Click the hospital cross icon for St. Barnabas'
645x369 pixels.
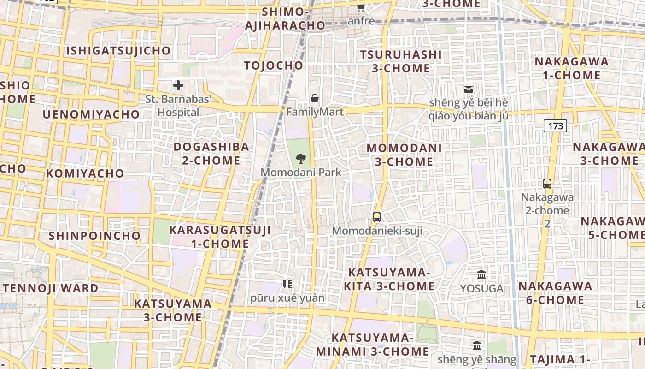tap(178, 85)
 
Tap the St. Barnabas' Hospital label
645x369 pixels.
tap(178, 106)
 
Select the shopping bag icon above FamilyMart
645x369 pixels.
tap(315, 98)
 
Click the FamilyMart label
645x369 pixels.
tap(315, 112)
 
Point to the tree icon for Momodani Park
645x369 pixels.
tap(301, 159)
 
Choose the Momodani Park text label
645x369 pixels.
tap(301, 173)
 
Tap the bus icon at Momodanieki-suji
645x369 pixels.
tap(377, 217)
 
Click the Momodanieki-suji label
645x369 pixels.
tap(377, 231)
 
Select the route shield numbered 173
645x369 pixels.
tap(555, 125)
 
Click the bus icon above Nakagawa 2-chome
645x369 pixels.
tap(547, 183)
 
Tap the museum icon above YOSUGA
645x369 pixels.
tap(481, 275)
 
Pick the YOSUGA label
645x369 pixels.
tap(481, 289)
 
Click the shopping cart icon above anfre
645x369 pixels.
tap(361, 7)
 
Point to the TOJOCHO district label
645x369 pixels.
tap(274, 65)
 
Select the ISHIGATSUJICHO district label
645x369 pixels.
tap(118, 50)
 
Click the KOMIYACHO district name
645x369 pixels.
tap(85, 173)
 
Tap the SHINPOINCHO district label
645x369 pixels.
tap(94, 236)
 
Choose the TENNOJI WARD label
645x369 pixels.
tap(51, 288)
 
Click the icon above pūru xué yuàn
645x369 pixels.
tap(287, 284)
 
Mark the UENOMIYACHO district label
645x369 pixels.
tap(91, 114)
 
